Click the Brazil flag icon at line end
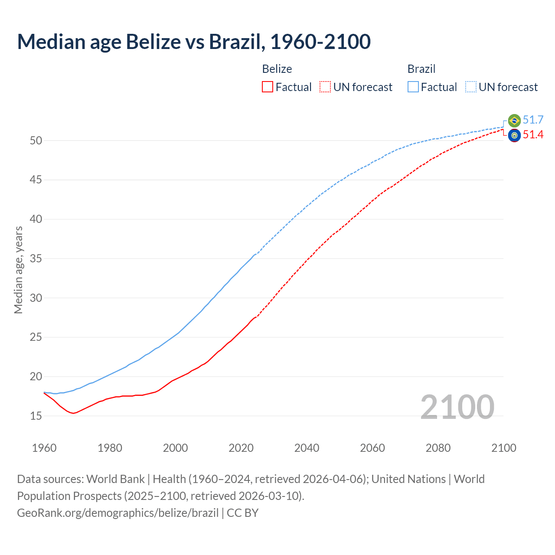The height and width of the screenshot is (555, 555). coord(514,121)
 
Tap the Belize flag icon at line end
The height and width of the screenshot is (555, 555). coord(514,135)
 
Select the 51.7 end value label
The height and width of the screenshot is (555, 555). coord(533,120)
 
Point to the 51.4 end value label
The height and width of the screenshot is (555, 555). coord(533,135)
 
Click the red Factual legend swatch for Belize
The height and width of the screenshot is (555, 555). coord(268,87)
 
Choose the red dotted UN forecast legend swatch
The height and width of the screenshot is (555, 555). coord(325,87)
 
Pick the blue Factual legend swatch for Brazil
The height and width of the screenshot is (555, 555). coord(413,87)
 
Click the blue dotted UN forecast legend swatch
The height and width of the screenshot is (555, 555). coord(471,87)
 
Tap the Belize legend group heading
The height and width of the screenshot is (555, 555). coord(277,69)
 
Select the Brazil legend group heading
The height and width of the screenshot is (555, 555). coord(421,69)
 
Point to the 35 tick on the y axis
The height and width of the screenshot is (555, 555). coord(36,259)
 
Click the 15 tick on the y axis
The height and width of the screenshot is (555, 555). coord(36,416)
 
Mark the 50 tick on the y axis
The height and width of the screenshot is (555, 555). coord(36,140)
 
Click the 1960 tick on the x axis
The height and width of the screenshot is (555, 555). coord(44,448)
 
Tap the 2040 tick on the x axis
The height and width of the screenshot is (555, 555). coord(307,448)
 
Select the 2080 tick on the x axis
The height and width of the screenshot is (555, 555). coord(438,448)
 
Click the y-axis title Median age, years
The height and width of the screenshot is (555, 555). coord(18,270)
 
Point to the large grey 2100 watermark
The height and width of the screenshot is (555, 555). coord(457,407)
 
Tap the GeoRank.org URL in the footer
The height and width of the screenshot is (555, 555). coord(118,513)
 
